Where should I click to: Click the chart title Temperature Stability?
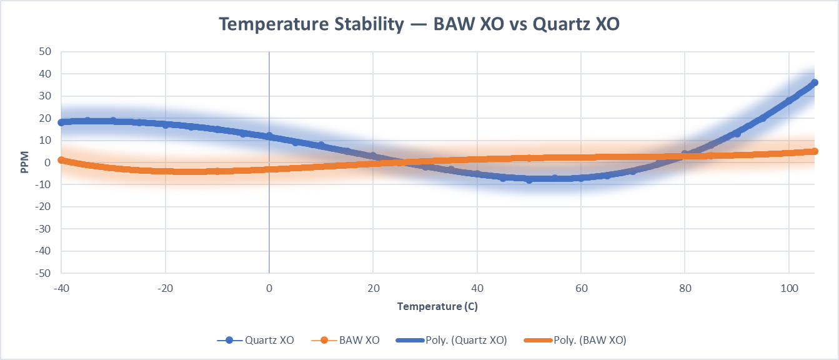419,24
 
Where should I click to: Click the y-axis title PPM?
24,162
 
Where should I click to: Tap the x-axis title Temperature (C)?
437,306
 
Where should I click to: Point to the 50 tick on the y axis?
44,52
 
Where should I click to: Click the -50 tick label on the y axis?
42,273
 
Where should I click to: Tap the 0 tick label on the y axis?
47,162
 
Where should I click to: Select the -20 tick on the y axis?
42,207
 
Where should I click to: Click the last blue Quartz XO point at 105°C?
815,82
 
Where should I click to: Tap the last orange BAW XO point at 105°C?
815,151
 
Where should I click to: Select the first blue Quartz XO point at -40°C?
61,122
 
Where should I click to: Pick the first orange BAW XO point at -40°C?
61,160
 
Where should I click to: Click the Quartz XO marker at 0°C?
269,136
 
